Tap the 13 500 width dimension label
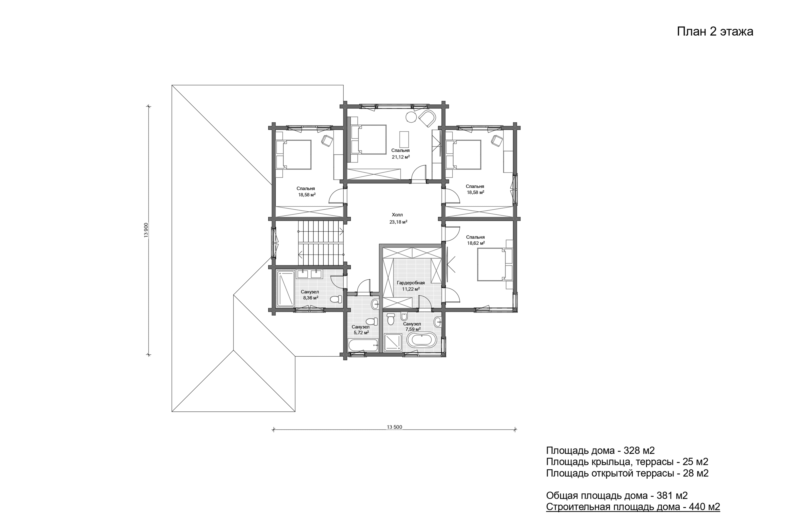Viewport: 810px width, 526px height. coord(394,427)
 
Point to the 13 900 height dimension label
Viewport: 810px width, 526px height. coord(146,230)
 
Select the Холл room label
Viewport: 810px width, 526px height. coord(397,215)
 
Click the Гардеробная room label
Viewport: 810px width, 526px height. coord(411,283)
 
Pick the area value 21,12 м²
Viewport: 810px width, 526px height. coord(401,157)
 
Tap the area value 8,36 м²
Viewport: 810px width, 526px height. coord(311,298)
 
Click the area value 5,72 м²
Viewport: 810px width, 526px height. coord(361,333)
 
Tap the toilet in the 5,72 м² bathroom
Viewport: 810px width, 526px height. coord(372,321)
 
